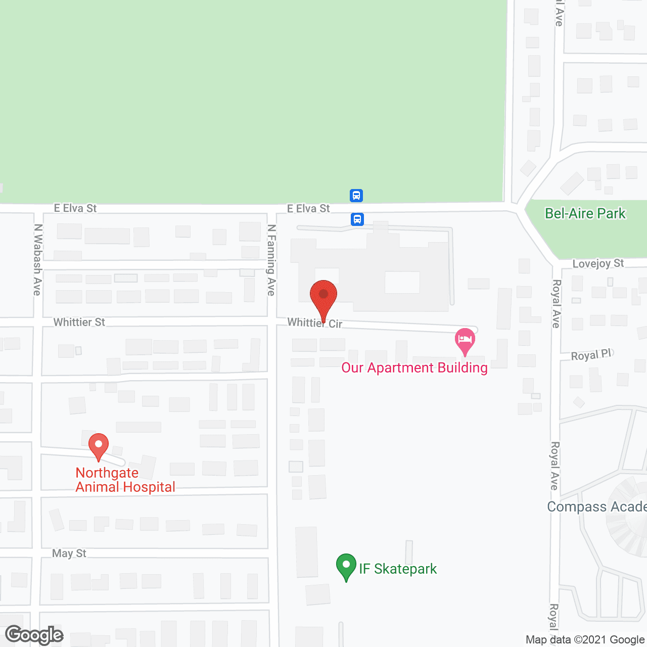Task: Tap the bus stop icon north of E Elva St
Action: pyautogui.click(x=356, y=195)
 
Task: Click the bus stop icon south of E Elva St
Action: pyautogui.click(x=357, y=219)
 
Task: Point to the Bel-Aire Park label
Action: pyautogui.click(x=585, y=214)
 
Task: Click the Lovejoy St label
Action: pyautogui.click(x=598, y=263)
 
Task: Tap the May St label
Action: pyautogui.click(x=69, y=553)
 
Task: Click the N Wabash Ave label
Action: pyautogui.click(x=37, y=260)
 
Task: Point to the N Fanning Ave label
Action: pyautogui.click(x=271, y=260)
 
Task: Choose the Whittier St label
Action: pyautogui.click(x=79, y=322)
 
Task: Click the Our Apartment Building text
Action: pyautogui.click(x=414, y=368)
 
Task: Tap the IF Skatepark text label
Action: pyautogui.click(x=398, y=569)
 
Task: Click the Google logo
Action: pyautogui.click(x=34, y=635)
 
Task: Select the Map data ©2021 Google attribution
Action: pyautogui.click(x=585, y=640)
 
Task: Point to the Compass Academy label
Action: pyautogui.click(x=596, y=507)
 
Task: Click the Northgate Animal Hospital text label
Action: pyautogui.click(x=125, y=480)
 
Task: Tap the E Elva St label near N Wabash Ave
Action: pyautogui.click(x=75, y=208)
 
